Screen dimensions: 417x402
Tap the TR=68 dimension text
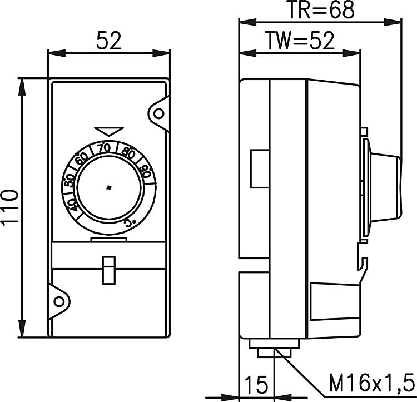tap(321, 9)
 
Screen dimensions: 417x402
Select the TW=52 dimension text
tap(300, 41)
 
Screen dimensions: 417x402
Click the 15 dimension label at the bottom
tap(256, 384)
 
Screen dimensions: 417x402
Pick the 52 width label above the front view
tap(109, 41)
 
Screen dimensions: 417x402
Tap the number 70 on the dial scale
tap(104, 148)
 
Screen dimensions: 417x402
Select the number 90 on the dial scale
tap(146, 171)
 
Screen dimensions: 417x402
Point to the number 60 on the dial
tap(82, 160)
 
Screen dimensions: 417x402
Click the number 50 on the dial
tap(69, 180)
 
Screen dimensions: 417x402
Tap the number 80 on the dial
tap(128, 152)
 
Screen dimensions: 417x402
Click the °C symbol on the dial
tap(130, 222)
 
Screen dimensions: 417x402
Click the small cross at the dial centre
tap(108, 188)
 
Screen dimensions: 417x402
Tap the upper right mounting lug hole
tap(159, 114)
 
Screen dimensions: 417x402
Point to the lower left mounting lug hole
tap(59, 301)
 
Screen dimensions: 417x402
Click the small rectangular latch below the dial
tap(109, 270)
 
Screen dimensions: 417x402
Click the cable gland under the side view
tap(274, 348)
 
